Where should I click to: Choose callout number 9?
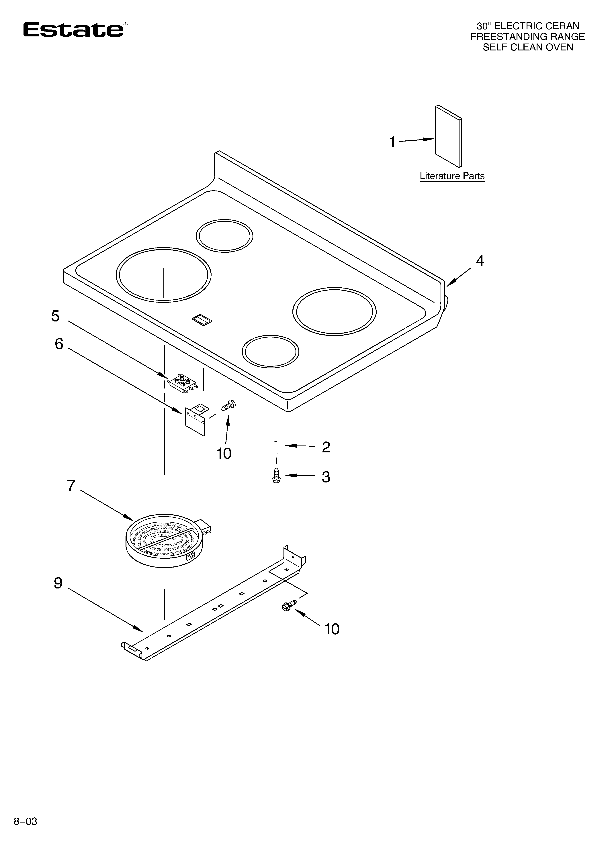pos(58,583)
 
